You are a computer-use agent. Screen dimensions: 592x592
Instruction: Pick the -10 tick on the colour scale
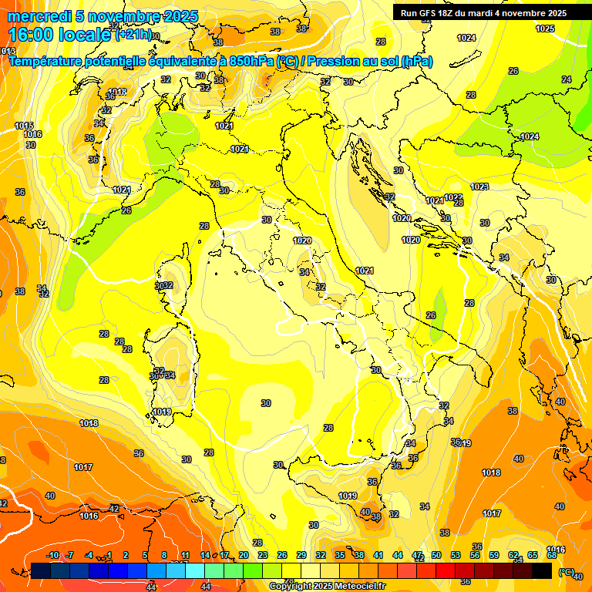point(52,555)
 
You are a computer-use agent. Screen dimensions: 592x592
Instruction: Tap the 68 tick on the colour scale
point(552,555)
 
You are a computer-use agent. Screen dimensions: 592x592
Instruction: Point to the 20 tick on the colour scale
point(243,555)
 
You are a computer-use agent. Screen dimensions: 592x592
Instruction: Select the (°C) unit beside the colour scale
point(566,572)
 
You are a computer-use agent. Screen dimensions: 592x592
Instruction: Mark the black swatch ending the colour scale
point(542,570)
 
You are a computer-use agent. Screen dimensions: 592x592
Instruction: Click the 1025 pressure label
point(545,29)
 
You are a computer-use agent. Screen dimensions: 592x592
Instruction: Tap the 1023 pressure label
point(479,187)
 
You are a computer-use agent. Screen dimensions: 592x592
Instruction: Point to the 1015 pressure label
point(24,126)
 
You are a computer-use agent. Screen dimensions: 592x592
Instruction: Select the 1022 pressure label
point(453,197)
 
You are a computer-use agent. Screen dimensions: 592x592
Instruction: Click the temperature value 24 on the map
point(567,79)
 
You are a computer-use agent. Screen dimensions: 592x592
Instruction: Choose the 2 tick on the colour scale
point(126,555)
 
